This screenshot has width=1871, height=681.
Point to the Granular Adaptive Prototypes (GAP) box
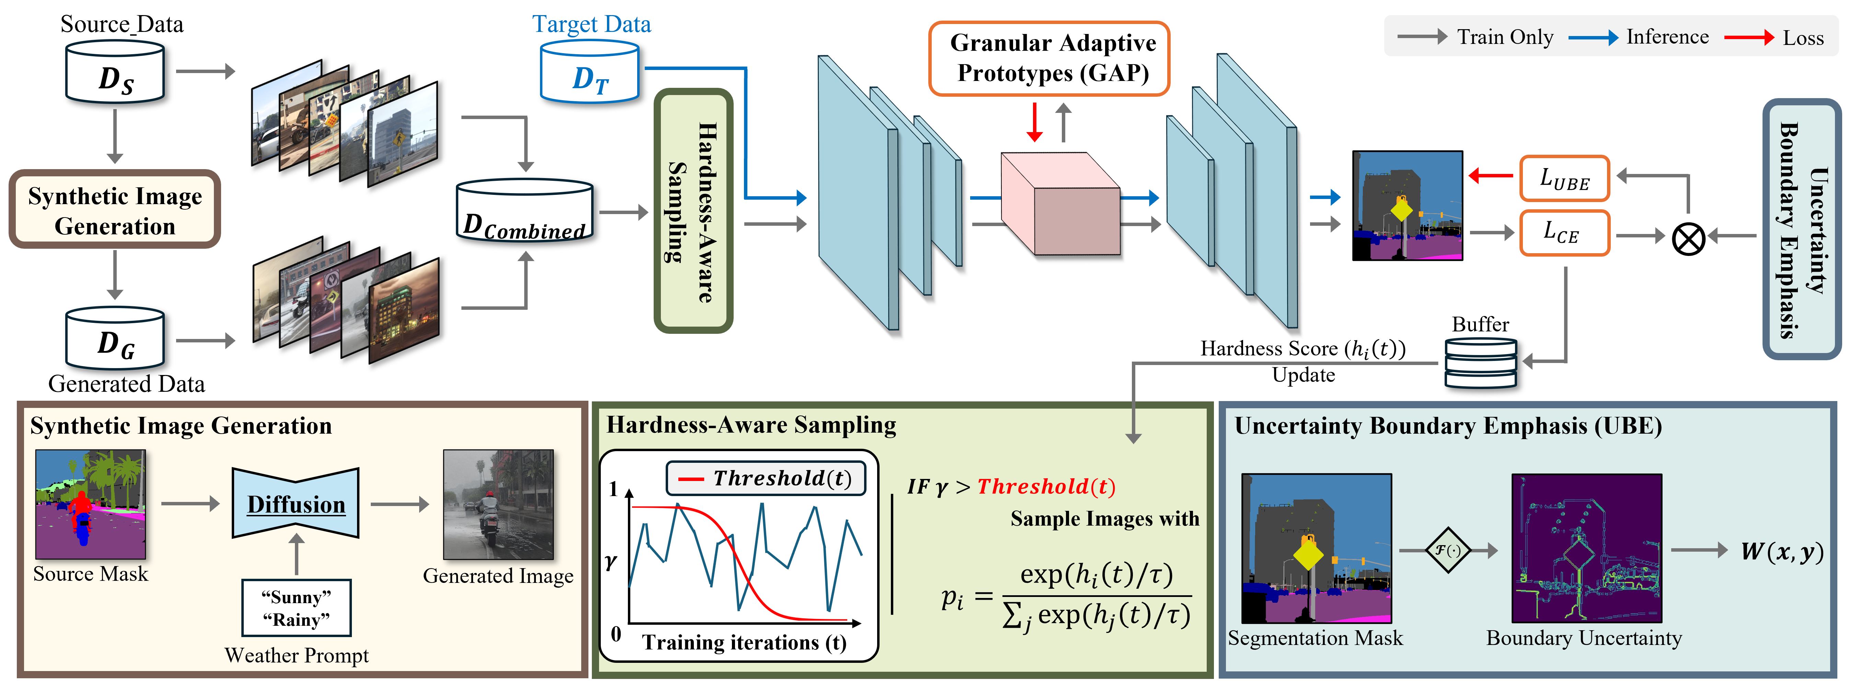[1049, 58]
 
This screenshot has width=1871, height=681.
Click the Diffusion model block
[296, 503]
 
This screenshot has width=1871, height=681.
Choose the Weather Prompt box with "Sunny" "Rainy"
[296, 608]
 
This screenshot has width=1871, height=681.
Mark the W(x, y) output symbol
[1782, 552]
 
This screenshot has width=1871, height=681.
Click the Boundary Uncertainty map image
[1586, 548]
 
